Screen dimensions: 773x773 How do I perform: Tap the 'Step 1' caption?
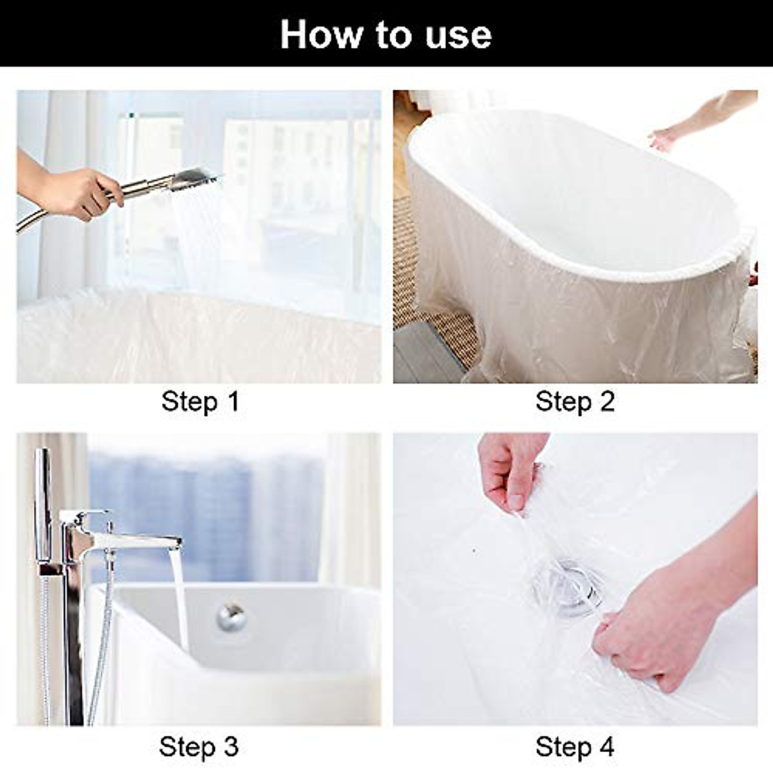200,401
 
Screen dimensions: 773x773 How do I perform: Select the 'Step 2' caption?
575,401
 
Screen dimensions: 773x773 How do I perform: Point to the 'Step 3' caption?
198,747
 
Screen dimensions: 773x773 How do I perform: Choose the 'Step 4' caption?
575,747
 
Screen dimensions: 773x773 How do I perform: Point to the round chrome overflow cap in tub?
231,616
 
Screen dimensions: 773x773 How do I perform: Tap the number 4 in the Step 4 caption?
606,747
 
